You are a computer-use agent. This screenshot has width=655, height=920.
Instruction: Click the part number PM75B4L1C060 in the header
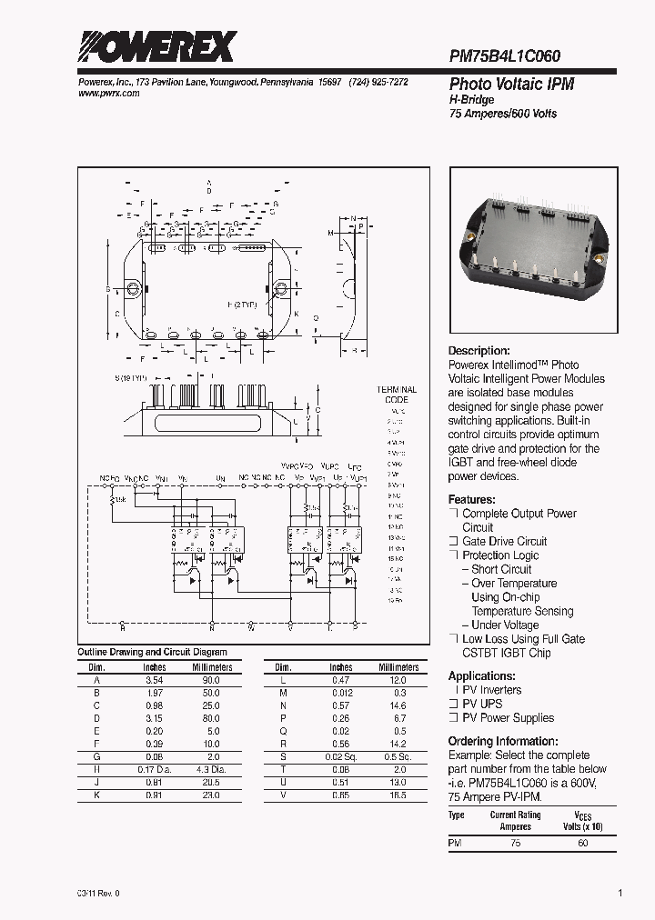click(x=505, y=55)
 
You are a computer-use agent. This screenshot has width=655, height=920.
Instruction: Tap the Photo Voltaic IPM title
click(x=511, y=84)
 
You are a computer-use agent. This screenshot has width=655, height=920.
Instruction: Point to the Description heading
click(x=479, y=351)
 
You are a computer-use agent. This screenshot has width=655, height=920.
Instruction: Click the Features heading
click(x=471, y=500)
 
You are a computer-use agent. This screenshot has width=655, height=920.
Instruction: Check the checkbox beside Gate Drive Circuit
click(x=452, y=542)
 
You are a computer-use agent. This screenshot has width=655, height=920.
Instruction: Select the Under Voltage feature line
click(x=505, y=625)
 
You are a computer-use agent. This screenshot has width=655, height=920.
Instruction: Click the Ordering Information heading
click(x=502, y=742)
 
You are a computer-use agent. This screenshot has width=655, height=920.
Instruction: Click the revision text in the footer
click(x=98, y=893)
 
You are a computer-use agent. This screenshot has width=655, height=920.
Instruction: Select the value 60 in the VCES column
click(x=583, y=844)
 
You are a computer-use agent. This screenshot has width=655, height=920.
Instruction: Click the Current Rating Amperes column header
click(x=516, y=821)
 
